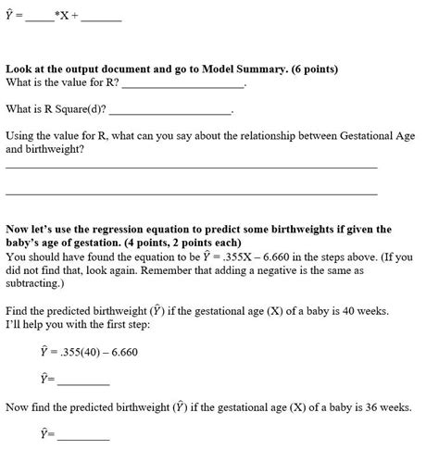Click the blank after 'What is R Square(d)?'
(x=170, y=110)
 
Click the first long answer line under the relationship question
(x=191, y=168)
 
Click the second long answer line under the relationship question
(x=191, y=194)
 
